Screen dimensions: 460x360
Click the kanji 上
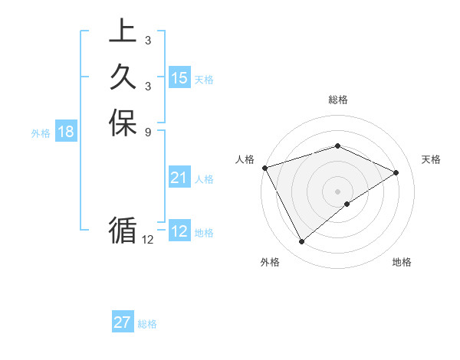123,32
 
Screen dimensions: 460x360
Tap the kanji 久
123,77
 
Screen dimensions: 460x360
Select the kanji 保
123,123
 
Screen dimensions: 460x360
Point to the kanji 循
123,231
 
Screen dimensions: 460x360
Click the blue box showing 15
179,78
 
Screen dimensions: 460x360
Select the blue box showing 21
179,178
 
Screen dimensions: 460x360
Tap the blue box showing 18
66,132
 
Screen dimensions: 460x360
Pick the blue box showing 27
123,322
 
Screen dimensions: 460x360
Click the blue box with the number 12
179,231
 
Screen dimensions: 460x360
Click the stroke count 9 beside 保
147,132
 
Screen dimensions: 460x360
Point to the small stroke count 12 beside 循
148,240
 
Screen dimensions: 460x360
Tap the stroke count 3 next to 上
147,41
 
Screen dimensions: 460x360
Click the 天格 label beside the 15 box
204,80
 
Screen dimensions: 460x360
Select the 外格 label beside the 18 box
41,133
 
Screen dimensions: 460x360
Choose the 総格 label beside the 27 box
147,324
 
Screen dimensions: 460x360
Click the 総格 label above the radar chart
337,100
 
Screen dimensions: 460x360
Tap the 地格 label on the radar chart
402,263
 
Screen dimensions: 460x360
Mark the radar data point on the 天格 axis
396,172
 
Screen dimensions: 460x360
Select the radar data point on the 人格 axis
264,168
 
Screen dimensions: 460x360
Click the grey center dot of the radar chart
337,191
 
